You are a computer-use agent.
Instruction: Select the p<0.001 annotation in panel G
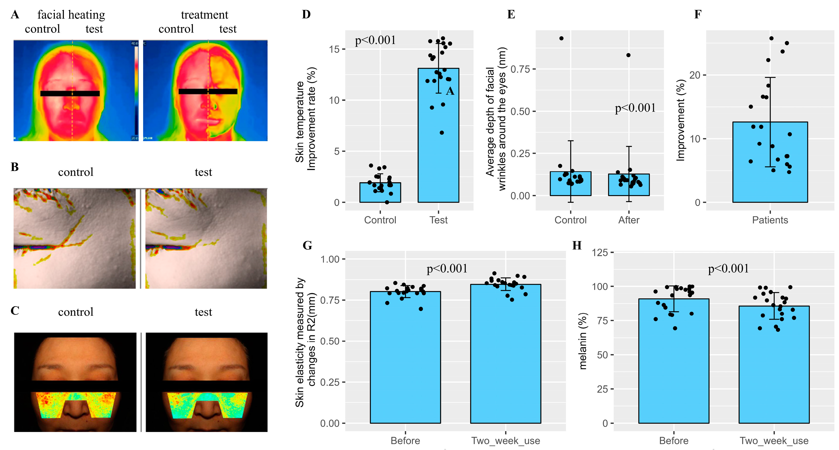447,269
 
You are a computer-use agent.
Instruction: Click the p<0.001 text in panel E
635,108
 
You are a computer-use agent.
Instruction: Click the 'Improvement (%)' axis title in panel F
681,121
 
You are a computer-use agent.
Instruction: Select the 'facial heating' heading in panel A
71,15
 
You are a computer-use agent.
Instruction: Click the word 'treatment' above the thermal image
205,15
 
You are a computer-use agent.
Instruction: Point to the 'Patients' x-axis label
770,220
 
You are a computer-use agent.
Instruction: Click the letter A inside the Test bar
450,91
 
